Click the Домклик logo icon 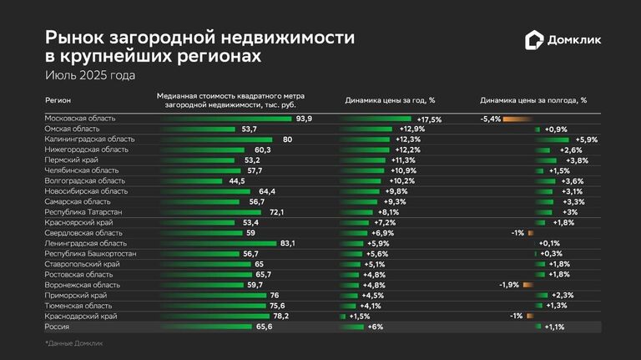coord(532,40)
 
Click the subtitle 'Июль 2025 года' coord(90,75)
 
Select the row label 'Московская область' coord(80,119)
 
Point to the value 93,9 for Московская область coord(304,119)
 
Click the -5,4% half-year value coord(490,119)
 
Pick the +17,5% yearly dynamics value coord(429,119)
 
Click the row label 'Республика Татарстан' coord(83,212)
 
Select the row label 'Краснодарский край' coord(81,317)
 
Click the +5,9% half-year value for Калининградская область coord(587,139)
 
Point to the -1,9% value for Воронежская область coord(509,285)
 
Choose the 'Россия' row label coord(58,327)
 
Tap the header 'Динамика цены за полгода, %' coord(533,100)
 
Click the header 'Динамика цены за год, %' coord(390,100)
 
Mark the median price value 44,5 coord(236,181)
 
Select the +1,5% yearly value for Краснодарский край coord(359,317)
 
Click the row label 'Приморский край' coord(76,296)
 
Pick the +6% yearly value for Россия coord(375,327)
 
